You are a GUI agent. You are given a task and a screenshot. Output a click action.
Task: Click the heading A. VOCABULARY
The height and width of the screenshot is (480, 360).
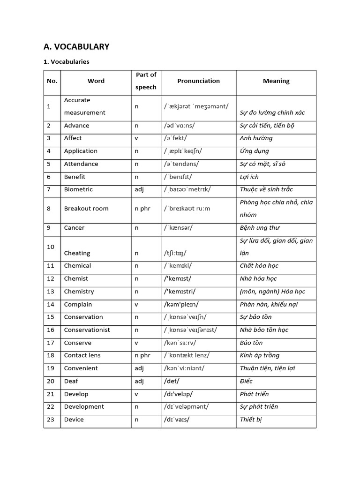pyautogui.click(x=76, y=46)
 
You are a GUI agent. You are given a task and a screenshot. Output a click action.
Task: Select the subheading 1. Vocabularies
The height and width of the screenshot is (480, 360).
pyautogui.click(x=66, y=62)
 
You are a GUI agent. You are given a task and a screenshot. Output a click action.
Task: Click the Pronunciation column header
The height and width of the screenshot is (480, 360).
pyautogui.click(x=198, y=81)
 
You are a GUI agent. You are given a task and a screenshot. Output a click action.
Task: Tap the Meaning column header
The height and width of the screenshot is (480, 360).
pyautogui.click(x=276, y=81)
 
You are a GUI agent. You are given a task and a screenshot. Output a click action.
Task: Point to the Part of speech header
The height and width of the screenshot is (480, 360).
pyautogui.click(x=146, y=81)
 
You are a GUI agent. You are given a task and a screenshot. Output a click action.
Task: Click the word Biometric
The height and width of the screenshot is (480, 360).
pyautogui.click(x=78, y=189)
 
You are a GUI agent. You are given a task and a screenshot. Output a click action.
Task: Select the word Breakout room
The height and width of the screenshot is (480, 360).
pyautogui.click(x=86, y=209)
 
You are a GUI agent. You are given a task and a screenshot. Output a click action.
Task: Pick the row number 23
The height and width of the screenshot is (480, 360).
pyautogui.click(x=51, y=420)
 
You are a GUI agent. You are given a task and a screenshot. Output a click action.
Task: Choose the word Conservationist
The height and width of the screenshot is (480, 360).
pyautogui.click(x=87, y=330)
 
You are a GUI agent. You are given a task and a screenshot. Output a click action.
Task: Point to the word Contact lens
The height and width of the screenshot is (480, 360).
pyautogui.click(x=82, y=355)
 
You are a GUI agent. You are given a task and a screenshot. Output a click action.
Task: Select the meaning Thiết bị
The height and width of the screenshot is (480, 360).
pyautogui.click(x=251, y=420)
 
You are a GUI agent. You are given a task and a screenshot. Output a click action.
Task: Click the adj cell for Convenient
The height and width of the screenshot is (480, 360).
pyautogui.click(x=139, y=368)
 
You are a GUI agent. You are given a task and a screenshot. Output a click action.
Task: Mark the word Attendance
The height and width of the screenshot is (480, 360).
pyautogui.click(x=81, y=164)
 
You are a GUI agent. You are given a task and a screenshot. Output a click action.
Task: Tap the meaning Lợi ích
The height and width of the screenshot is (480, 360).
pyautogui.click(x=249, y=177)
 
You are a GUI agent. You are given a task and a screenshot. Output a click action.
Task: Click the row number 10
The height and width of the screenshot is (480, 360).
pyautogui.click(x=51, y=247)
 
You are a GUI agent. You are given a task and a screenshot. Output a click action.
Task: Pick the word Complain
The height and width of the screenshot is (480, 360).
pyautogui.click(x=78, y=304)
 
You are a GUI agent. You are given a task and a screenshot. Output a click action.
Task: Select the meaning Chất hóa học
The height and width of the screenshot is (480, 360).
pyautogui.click(x=259, y=266)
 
